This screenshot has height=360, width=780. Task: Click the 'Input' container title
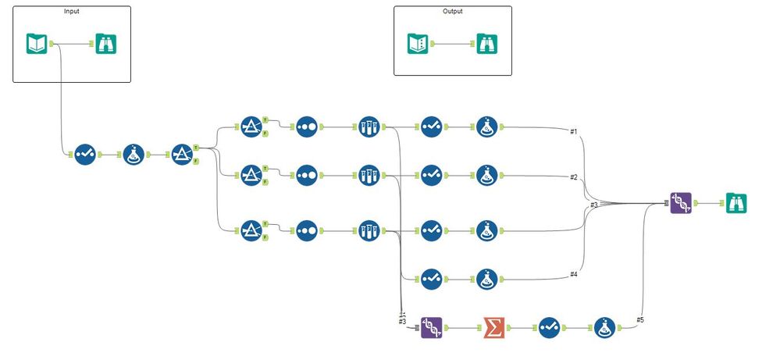(x=72, y=12)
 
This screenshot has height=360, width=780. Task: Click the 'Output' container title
(x=452, y=12)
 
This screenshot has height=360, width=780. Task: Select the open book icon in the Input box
(x=37, y=44)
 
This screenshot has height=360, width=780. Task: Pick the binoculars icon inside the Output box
(x=486, y=44)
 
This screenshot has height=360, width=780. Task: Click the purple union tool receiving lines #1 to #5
(x=681, y=203)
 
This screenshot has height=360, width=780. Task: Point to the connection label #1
(x=574, y=131)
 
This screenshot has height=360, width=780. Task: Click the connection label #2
(x=574, y=177)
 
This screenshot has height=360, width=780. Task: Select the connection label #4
(x=574, y=274)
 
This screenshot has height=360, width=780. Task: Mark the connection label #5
(x=640, y=319)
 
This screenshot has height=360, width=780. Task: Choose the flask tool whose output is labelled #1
(x=488, y=127)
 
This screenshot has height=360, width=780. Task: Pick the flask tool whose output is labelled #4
(x=488, y=278)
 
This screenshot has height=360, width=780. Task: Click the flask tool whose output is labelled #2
(x=488, y=175)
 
